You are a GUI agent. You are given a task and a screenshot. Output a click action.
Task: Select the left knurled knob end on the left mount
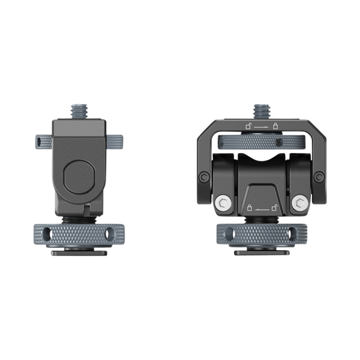[x=40, y=142]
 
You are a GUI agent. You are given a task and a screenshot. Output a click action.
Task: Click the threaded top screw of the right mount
[x=261, y=112]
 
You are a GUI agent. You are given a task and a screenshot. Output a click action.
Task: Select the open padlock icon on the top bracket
[x=247, y=126]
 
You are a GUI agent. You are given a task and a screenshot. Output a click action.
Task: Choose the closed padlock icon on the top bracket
[x=275, y=126]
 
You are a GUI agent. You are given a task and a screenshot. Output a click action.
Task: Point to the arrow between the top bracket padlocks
[x=262, y=127]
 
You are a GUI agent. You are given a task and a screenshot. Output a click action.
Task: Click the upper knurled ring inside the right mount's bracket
[x=262, y=143]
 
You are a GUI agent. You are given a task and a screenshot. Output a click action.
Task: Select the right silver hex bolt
[x=299, y=203]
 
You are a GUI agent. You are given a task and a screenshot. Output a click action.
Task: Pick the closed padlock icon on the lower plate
[x=248, y=208]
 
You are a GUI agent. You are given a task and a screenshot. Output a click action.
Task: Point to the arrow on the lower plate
[x=262, y=209]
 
